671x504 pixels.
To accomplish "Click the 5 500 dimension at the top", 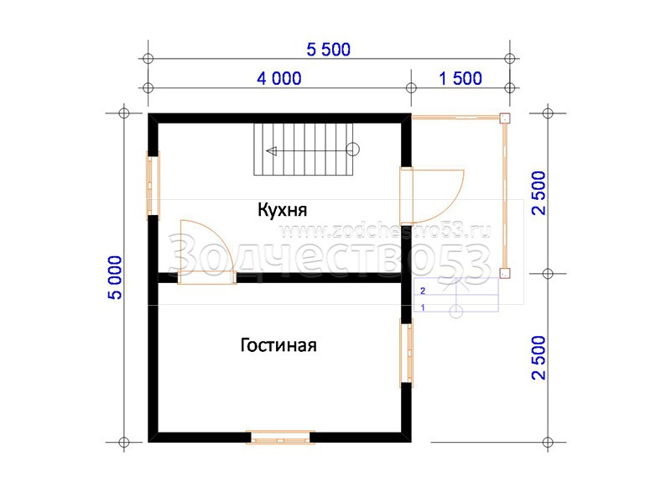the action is [328, 50].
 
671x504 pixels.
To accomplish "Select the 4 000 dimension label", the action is [279, 78].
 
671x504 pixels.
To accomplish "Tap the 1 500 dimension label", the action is [460, 78].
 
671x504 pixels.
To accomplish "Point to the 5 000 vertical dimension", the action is [115, 277].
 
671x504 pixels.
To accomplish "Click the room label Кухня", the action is [282, 210].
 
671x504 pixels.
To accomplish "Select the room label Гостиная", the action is [278, 345].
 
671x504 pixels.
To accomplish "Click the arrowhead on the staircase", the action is [271, 151].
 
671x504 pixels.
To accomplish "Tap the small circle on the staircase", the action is [352, 150].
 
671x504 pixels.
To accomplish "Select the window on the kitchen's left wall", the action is [153, 186].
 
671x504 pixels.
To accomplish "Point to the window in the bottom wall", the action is [280, 437].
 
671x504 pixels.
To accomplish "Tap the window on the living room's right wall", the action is [407, 353].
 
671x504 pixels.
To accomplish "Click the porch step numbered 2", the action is [456, 286].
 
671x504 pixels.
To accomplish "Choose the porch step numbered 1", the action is [456, 303].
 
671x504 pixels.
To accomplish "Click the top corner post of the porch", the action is [505, 118].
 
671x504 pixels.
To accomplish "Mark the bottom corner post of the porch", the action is [505, 273].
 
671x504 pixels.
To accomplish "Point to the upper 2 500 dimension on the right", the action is [538, 193].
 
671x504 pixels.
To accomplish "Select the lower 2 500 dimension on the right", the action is [538, 358].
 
